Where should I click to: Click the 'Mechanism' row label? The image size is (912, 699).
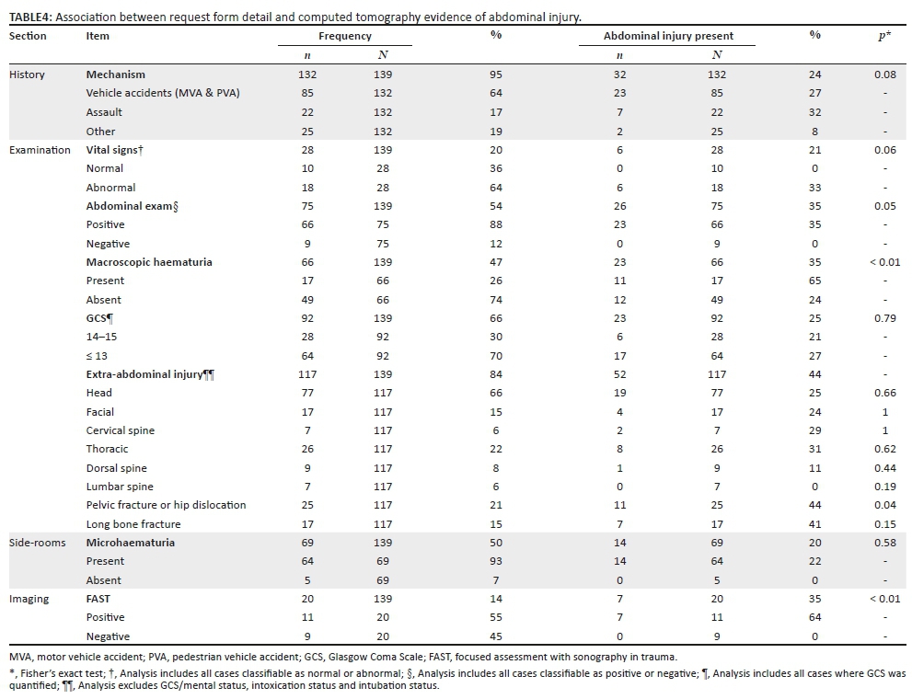click(x=116, y=74)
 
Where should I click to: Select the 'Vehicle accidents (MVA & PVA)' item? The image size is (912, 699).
click(x=163, y=93)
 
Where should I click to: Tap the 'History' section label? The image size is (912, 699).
click(x=27, y=74)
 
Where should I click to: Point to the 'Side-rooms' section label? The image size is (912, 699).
click(x=37, y=543)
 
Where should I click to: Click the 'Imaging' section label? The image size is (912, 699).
click(x=29, y=599)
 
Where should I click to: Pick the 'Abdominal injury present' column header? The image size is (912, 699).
click(x=668, y=36)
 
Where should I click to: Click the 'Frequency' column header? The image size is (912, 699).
click(x=345, y=36)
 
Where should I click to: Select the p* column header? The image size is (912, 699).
click(x=884, y=36)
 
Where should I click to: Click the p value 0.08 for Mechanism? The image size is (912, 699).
click(x=885, y=74)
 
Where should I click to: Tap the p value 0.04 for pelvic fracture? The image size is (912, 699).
click(x=885, y=505)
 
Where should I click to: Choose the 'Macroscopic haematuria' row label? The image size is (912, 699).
click(x=149, y=262)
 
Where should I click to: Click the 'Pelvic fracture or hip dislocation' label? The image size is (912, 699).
click(x=166, y=505)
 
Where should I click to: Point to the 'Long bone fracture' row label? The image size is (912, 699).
click(x=133, y=524)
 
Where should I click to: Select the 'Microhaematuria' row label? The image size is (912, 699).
click(x=131, y=543)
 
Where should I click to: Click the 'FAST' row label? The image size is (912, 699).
click(x=98, y=599)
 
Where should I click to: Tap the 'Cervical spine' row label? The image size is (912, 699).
click(x=121, y=430)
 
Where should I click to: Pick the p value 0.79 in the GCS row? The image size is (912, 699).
click(x=885, y=318)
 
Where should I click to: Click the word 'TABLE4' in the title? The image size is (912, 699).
click(x=30, y=17)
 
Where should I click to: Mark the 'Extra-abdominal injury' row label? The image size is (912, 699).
click(x=150, y=374)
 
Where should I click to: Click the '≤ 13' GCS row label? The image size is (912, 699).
click(x=97, y=356)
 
